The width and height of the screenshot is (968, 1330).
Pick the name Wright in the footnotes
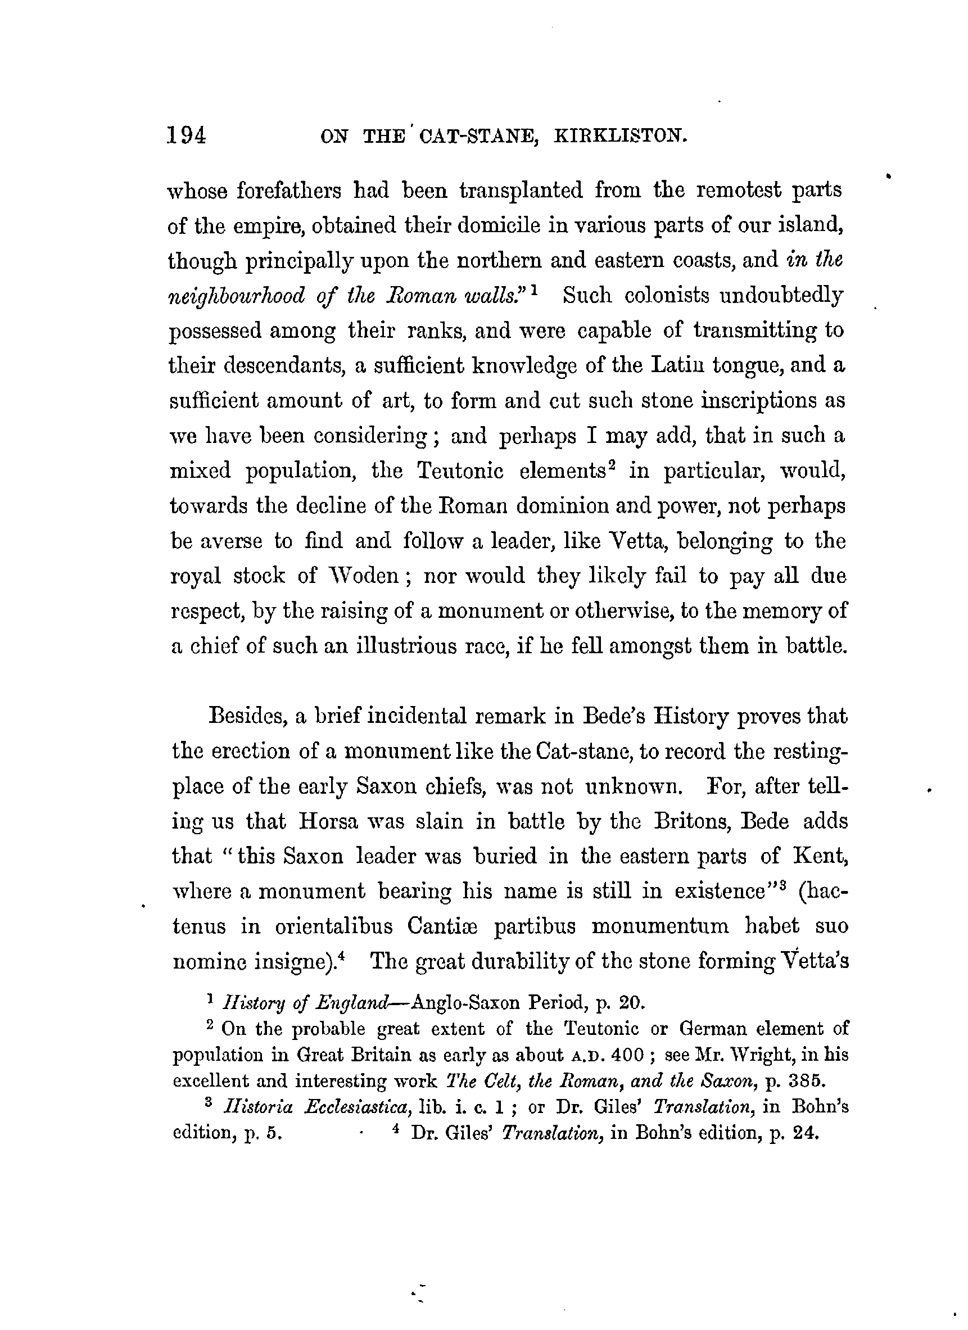point(735,1056)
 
